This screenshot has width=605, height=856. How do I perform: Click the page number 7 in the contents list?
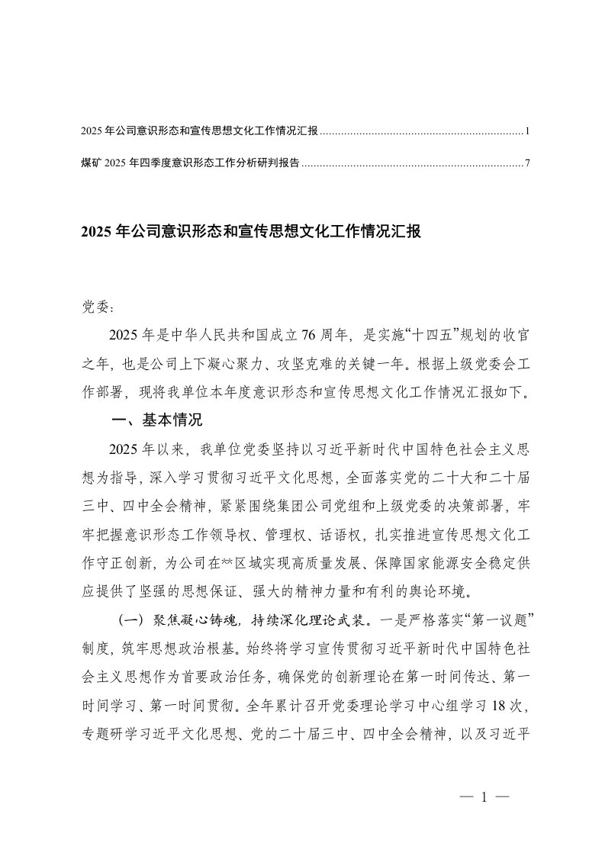pos(526,163)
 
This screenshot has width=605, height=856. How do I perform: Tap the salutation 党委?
pos(97,307)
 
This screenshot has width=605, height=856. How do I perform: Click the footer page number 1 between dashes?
pos(484,797)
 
